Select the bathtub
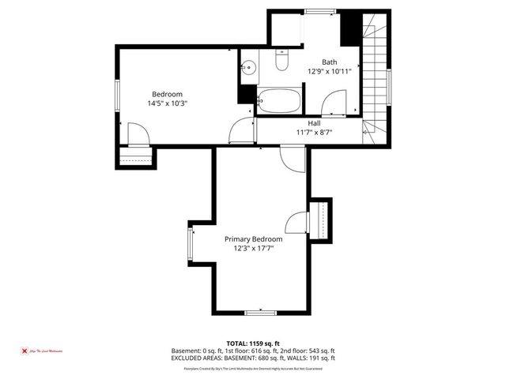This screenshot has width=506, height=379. coord(279,101)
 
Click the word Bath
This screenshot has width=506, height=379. coord(329,62)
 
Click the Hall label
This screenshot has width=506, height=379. coord(314,123)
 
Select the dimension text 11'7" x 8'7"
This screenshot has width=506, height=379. coord(314,133)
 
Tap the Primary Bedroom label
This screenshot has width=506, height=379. coord(253,238)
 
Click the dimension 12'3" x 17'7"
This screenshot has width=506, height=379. coord(253,248)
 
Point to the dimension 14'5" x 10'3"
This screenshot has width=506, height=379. coord(167,103)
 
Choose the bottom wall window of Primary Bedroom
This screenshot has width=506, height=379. coord(260,313)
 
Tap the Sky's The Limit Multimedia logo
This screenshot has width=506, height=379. coord(43,350)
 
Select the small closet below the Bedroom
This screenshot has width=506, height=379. coord(136,157)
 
